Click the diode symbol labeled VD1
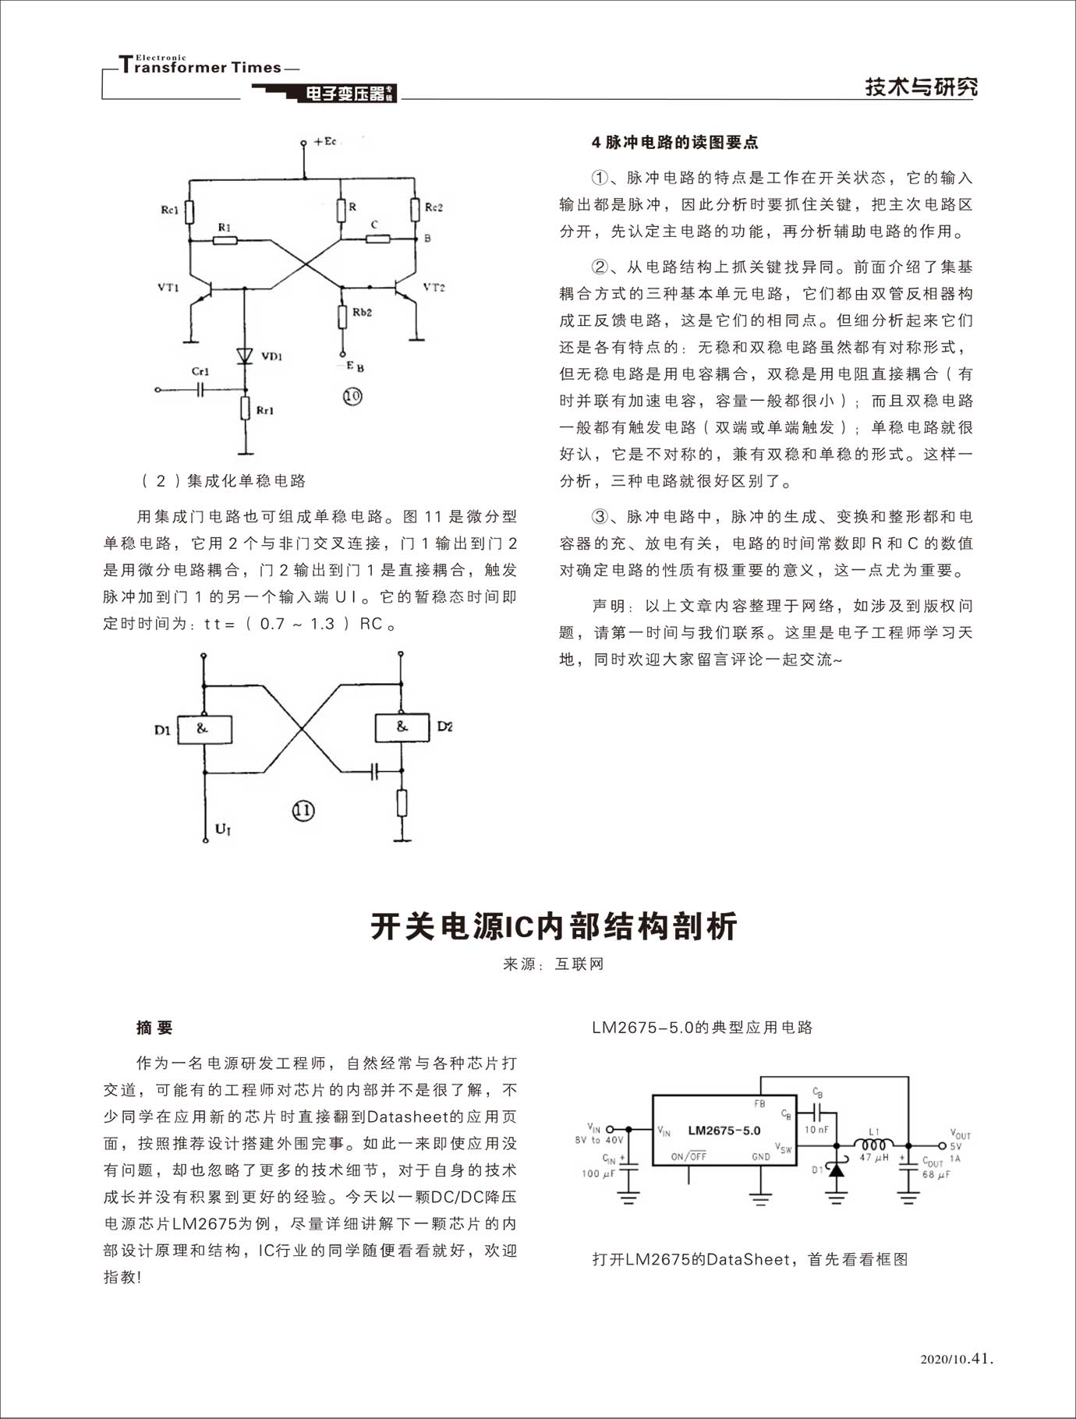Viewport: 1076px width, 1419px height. [x=246, y=355]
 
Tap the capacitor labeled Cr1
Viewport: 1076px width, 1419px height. [x=200, y=389]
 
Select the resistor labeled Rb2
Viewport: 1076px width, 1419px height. [x=342, y=317]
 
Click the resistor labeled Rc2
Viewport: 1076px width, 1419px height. [x=414, y=209]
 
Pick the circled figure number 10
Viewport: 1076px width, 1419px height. [x=352, y=396]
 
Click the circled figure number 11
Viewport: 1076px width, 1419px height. [x=303, y=811]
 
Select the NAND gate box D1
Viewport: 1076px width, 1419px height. [x=204, y=729]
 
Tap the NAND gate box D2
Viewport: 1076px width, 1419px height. [x=402, y=727]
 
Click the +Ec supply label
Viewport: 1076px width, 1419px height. [x=324, y=142]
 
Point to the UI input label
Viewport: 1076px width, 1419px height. [x=223, y=830]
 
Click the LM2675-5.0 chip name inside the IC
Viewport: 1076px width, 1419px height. [x=724, y=1131]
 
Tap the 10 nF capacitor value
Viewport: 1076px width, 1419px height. [x=816, y=1130]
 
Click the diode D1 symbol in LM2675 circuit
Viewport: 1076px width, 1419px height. [x=836, y=1170]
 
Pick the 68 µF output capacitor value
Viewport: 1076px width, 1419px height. [x=936, y=1175]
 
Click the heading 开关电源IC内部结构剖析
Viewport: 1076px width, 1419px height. [x=554, y=926]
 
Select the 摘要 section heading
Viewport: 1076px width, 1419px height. [x=154, y=1028]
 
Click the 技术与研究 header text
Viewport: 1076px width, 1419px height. [x=921, y=87]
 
